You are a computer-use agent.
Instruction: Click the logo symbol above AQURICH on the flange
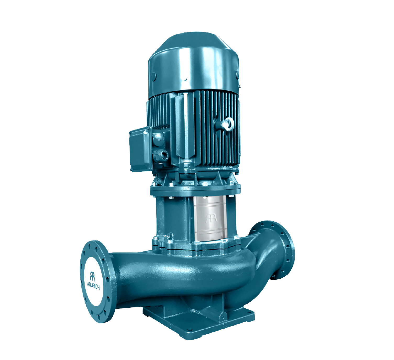92,276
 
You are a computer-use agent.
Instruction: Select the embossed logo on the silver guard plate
211,218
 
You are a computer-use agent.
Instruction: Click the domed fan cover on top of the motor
193,65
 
